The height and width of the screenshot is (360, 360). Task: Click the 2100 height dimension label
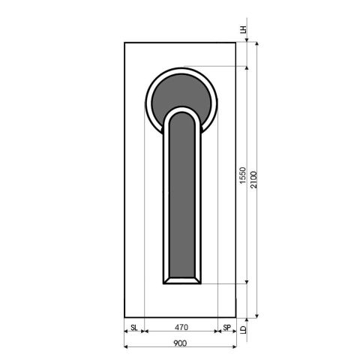[x=255, y=178]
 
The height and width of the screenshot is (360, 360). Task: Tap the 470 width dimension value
[x=180, y=327]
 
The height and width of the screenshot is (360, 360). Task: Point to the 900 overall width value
[x=180, y=343]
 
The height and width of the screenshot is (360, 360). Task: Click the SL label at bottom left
[x=133, y=327]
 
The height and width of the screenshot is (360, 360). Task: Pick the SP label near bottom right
[x=226, y=327]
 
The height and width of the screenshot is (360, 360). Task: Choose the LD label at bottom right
[x=243, y=328]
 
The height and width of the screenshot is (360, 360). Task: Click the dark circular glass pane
[x=180, y=94]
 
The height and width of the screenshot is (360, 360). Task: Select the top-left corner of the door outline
[x=124, y=43]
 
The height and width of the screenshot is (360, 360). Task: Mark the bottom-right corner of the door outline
[x=236, y=316]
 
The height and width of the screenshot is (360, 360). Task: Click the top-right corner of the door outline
[x=236, y=43]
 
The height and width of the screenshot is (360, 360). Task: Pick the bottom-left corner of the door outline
[x=124, y=316]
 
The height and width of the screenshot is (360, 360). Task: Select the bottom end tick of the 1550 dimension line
[x=247, y=283]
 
